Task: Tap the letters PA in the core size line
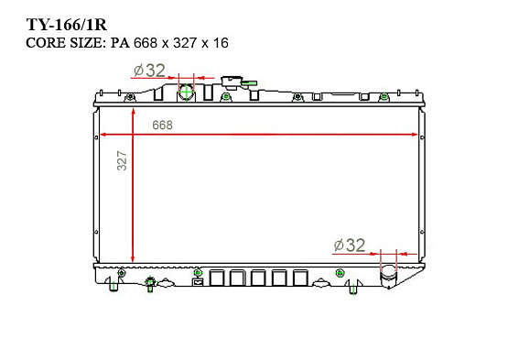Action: coord(120,42)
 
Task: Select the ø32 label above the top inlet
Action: coord(149,71)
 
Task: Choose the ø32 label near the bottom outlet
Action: coord(350,245)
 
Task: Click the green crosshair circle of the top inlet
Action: coord(187,93)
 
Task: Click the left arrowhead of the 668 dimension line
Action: coord(103,135)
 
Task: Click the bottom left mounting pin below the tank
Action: coord(114,287)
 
